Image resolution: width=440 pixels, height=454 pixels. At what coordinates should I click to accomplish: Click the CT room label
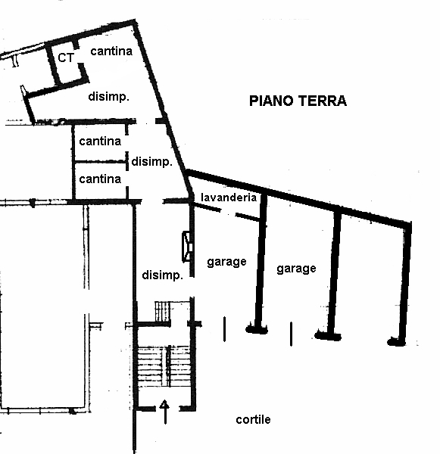(66, 58)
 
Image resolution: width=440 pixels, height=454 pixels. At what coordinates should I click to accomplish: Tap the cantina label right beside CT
(111, 51)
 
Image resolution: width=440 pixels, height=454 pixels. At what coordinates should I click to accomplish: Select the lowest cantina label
(100, 179)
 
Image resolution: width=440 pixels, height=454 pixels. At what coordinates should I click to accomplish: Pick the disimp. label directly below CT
(108, 97)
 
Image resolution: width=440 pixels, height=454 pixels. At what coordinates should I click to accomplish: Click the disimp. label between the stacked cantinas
(152, 162)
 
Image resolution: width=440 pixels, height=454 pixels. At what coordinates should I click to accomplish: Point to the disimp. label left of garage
(163, 275)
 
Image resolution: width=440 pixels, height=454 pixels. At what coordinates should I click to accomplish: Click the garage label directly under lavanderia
(226, 262)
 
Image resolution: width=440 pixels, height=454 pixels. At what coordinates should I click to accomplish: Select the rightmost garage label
(296, 268)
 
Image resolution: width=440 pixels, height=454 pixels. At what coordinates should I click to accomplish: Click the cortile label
(253, 420)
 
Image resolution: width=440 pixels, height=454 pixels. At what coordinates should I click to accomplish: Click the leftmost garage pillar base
(256, 328)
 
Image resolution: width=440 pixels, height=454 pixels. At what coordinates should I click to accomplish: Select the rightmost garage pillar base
(396, 341)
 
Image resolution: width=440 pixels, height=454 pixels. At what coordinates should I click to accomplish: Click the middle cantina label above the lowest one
(100, 141)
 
